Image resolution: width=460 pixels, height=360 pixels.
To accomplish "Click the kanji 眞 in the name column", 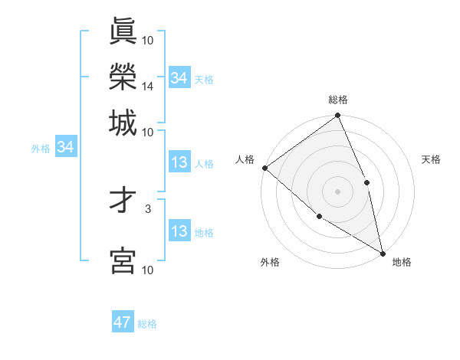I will click(123, 31).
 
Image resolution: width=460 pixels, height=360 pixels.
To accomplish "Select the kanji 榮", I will click(123, 77).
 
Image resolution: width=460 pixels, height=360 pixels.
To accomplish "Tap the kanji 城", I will click(123, 123).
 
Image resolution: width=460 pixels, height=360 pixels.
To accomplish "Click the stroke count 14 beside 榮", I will click(148, 87).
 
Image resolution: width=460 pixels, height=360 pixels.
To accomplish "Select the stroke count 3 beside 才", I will click(148, 208).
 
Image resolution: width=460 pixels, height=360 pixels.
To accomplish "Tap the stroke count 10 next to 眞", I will click(148, 40).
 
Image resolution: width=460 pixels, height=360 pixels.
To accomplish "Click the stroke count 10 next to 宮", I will click(148, 270).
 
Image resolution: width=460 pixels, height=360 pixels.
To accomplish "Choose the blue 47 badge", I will click(123, 322).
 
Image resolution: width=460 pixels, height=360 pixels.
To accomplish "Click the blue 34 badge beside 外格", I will click(65, 147).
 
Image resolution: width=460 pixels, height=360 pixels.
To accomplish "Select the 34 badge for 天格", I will click(179, 78).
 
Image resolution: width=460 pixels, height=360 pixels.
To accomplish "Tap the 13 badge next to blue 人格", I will click(179, 162).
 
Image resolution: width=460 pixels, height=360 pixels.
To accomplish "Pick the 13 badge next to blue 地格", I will click(179, 231).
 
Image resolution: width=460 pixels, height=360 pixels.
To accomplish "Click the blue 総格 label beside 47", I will click(147, 324).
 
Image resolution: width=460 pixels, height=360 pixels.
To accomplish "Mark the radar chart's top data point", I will click(338, 116).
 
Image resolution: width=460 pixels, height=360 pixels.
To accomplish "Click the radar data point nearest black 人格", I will click(264, 168).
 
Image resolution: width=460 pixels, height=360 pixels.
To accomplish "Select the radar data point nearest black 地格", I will click(383, 252).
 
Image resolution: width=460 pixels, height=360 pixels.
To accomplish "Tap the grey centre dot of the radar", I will click(338, 191).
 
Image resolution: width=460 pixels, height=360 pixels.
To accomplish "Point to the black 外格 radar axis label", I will click(270, 263).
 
